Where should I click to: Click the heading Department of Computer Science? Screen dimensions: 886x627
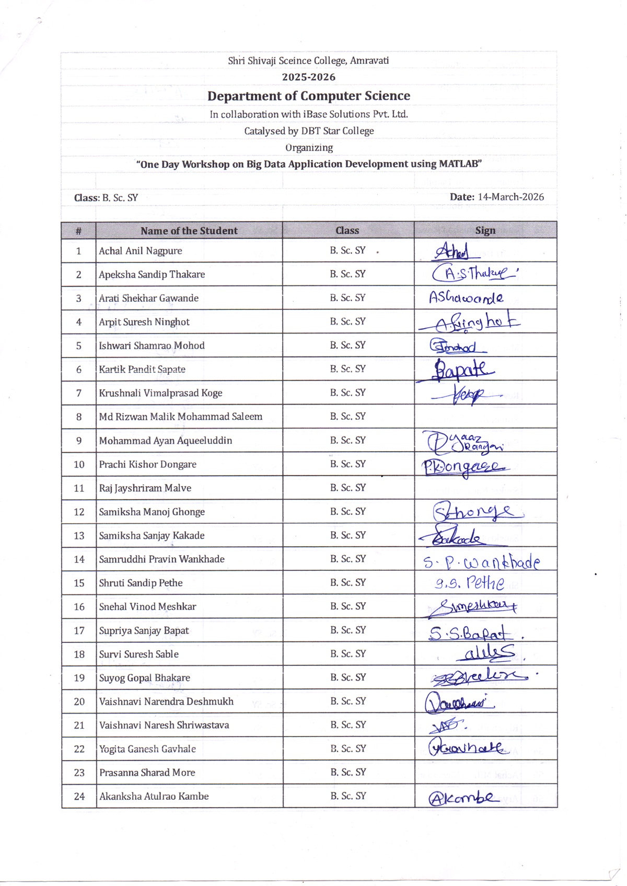308,96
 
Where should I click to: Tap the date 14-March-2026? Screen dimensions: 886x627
510,197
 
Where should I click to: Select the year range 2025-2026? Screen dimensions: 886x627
308,77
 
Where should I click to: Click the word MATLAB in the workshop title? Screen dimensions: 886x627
459,164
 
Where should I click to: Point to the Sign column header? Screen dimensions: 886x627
485,231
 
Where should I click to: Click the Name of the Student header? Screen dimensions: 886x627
189,231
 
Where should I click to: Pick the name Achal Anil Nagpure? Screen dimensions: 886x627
141,251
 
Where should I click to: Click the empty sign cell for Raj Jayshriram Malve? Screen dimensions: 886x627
485,488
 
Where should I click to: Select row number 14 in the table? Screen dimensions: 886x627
79,559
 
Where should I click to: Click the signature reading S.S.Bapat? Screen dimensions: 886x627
470,634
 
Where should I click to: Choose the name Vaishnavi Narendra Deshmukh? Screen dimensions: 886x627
166,701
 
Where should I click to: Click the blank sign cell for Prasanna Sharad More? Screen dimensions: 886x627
485,772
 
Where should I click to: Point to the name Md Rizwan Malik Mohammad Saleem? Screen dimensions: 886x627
180,417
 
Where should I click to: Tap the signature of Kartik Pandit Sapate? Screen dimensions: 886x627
462,370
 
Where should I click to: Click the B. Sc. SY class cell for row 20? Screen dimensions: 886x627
347,701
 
